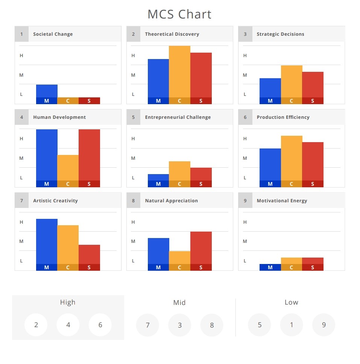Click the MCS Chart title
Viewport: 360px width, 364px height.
[179, 14]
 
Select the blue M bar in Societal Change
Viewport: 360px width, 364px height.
[47, 91]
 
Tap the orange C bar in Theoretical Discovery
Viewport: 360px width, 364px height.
[179, 71]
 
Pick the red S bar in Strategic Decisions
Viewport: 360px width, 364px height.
[313, 85]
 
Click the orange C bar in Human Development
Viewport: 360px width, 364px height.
[68, 168]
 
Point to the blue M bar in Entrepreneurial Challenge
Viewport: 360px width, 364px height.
[158, 177]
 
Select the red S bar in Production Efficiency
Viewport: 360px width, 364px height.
[313, 161]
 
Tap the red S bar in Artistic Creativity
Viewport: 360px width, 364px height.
[89, 255]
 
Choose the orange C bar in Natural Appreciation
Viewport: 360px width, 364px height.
[179, 258]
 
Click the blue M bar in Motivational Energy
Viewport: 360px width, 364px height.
[270, 267]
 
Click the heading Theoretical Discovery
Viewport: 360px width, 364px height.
[172, 34]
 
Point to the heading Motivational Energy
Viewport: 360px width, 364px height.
[282, 201]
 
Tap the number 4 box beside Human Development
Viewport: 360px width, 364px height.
[21, 117]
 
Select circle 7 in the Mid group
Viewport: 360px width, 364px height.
[147, 325]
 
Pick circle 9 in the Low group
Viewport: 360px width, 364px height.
[324, 325]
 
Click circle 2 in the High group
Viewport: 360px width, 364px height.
[36, 325]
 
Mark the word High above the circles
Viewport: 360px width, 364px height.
[68, 302]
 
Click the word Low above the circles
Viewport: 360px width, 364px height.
[291, 302]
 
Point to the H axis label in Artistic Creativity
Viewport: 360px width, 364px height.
[21, 222]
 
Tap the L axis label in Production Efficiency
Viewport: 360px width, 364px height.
[245, 178]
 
